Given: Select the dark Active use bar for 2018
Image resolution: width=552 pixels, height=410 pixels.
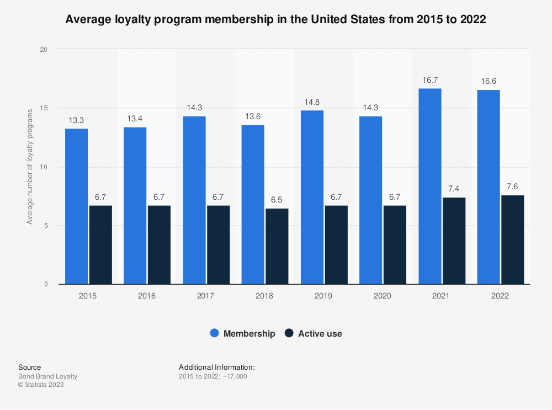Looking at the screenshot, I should coord(277,246).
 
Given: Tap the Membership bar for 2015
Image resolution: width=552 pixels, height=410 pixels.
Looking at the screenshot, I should coord(76,206).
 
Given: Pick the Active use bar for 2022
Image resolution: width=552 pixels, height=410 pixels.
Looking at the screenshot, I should coord(512,239).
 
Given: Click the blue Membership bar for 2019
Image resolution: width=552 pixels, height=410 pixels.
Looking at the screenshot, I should coord(312,198).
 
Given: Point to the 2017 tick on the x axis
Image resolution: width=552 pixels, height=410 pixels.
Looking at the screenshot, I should coord(205,296).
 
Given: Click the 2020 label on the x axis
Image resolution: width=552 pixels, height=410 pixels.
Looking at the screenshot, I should coord(382,296).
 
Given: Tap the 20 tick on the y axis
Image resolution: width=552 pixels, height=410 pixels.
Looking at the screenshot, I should coord(44,50).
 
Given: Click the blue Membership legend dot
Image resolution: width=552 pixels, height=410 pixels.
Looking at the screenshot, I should coord(215,333).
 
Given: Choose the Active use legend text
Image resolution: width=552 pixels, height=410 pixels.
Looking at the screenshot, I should coord(320,333).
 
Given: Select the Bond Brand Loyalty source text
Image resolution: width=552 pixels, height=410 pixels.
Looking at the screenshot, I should coord(47,376).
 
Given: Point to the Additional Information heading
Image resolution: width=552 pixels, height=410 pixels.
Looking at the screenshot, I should coord(216,367).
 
